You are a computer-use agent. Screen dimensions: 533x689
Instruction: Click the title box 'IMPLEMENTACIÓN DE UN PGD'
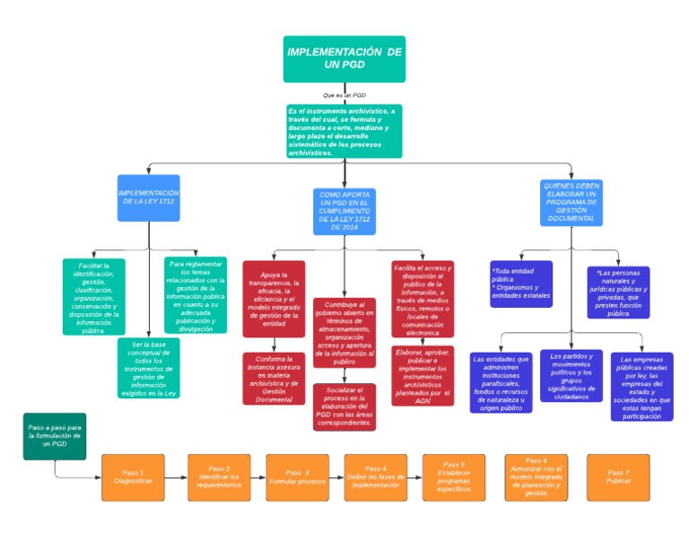click(344, 59)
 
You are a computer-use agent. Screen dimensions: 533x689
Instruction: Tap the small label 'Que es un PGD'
click(344, 94)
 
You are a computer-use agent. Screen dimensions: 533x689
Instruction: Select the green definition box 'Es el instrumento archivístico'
click(344, 131)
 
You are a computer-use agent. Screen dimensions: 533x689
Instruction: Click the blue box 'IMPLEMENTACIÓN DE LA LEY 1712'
click(149, 198)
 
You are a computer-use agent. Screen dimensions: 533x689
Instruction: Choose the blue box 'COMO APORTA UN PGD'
click(344, 211)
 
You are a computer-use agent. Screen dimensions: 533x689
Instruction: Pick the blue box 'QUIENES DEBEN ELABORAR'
click(571, 202)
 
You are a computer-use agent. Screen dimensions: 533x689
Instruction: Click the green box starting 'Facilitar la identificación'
click(93, 297)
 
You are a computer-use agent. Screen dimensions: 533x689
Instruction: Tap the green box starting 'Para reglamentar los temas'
click(196, 296)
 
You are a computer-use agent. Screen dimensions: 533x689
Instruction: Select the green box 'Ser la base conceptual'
click(148, 369)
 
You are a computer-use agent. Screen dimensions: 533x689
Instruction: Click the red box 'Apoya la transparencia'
click(274, 298)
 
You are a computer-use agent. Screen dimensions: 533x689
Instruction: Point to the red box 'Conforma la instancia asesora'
click(274, 378)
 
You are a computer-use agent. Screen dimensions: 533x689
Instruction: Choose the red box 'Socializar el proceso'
click(344, 407)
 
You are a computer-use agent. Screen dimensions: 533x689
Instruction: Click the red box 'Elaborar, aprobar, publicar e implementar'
click(423, 376)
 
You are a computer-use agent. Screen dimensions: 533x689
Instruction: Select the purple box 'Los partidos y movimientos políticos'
click(571, 375)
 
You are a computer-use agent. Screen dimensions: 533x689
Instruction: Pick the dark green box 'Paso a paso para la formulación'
click(55, 436)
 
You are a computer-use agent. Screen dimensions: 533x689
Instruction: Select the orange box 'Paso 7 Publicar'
click(617, 476)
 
